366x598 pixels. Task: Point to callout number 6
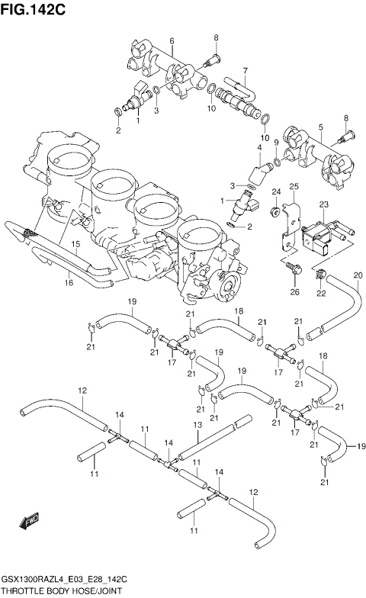tap(172, 40)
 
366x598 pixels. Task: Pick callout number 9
tap(276, 143)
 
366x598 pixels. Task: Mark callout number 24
tap(276, 191)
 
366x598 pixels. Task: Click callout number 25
tap(293, 187)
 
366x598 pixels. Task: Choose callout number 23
tap(323, 204)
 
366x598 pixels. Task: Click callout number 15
tap(76, 244)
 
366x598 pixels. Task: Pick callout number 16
tap(68, 283)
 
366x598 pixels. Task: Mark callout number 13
tap(197, 425)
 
